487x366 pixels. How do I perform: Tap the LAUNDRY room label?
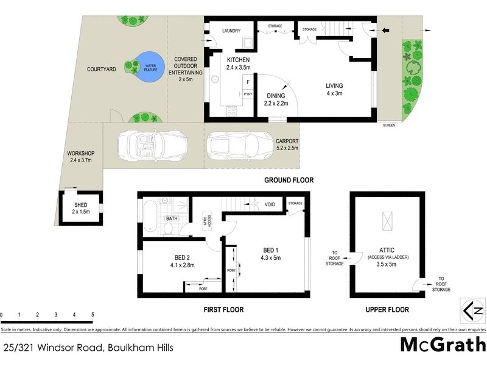tap(231, 31)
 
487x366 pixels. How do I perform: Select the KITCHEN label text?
tap(238, 59)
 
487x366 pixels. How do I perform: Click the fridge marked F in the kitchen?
tap(248, 81)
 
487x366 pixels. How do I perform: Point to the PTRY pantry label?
tap(248, 94)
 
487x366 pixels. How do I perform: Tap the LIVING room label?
tap(335, 86)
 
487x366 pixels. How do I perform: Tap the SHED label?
tap(81, 205)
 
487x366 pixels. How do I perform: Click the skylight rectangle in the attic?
tap(387, 220)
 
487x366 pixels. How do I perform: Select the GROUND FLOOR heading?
tap(289, 180)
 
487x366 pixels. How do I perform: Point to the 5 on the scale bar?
tap(93, 315)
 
